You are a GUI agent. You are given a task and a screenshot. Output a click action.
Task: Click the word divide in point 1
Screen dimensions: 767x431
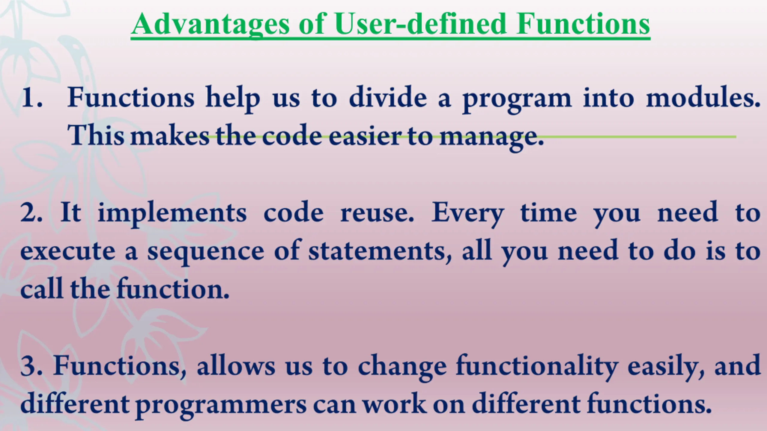388,97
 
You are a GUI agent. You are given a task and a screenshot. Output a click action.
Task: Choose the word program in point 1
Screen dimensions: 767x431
517,100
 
